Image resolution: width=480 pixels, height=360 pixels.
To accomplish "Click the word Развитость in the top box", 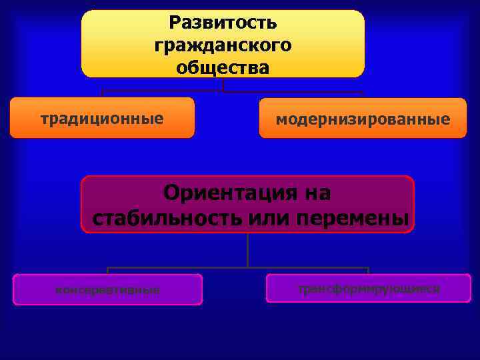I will point(223,23).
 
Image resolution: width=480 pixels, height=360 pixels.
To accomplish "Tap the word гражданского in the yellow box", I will point(223,46).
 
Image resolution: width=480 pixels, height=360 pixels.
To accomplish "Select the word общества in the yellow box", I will point(223,68).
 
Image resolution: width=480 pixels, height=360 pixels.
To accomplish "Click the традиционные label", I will point(102,119).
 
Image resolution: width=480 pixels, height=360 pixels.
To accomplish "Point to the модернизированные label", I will point(363,120).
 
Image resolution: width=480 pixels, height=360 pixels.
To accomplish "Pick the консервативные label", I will point(107,290).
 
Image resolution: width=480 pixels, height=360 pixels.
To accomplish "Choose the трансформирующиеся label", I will point(369,289).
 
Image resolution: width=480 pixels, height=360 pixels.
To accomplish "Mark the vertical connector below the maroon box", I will point(247,250).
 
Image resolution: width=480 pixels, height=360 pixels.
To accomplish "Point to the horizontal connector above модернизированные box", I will point(293,92).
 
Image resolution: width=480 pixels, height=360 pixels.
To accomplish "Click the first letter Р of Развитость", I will point(175,23).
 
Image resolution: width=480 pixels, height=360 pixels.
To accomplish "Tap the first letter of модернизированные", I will point(281,121).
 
